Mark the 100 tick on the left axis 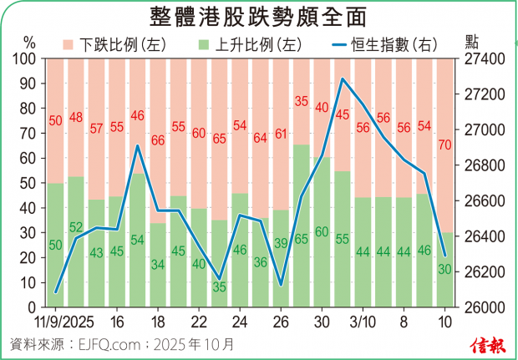click(x=26, y=59)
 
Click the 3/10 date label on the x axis click(x=363, y=322)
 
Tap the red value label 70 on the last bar click(x=444, y=145)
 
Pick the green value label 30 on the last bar click(x=444, y=269)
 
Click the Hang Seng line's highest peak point click(x=343, y=79)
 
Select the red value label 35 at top click(x=302, y=102)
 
